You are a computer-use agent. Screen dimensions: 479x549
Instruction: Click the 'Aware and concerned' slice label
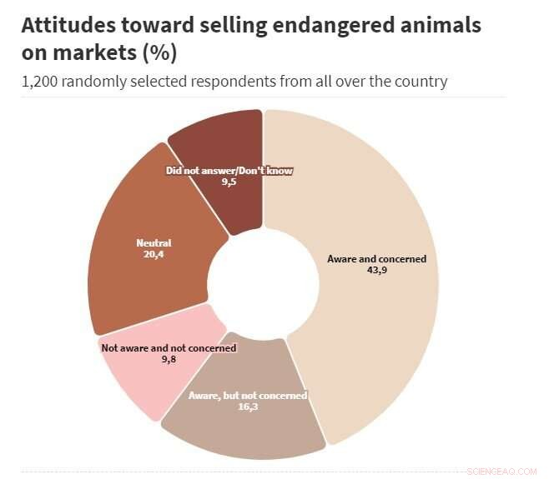tap(376, 259)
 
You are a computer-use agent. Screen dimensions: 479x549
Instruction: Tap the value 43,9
tap(376, 270)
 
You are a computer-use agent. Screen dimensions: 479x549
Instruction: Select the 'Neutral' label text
tap(154, 243)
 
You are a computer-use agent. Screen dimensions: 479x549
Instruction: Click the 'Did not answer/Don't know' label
tap(229, 171)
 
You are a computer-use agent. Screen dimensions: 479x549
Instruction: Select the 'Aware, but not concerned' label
tap(248, 396)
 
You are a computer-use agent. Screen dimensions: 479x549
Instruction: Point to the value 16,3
tap(248, 407)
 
